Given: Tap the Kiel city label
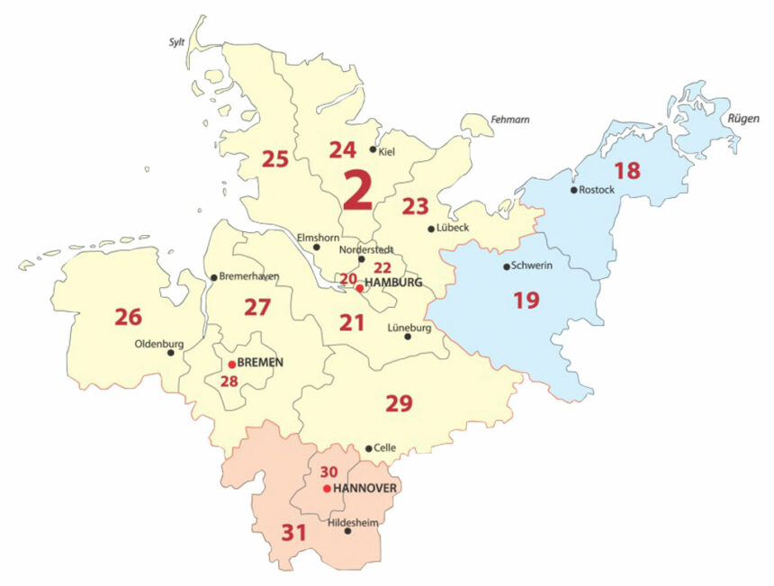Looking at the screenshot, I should pos(388,152).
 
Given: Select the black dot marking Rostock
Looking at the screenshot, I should pos(573,190).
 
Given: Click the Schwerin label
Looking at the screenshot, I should pos(531,266).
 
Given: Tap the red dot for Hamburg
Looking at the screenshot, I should pos(359,289).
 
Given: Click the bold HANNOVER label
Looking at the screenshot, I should pos(365,489).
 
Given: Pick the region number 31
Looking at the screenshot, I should pos(294,532).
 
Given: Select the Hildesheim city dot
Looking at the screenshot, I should pos(348,531).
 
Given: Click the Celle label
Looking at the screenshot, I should pos(384,448).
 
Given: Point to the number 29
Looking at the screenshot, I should pos(399,403).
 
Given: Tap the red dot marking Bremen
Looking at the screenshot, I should pos(231,365).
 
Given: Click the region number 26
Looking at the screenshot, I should pos(128,317).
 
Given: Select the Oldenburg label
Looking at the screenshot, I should pos(158,343).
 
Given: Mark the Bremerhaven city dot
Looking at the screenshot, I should pos(213,277).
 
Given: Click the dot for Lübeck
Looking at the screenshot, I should pos(431,229).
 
